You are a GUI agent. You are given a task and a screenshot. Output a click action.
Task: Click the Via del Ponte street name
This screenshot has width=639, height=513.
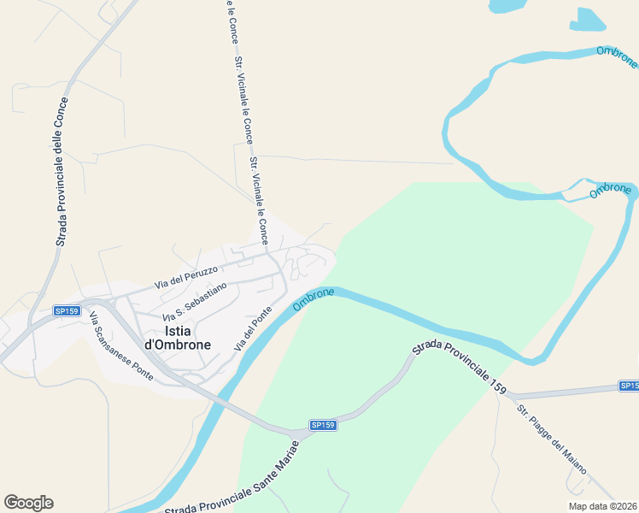(252, 327)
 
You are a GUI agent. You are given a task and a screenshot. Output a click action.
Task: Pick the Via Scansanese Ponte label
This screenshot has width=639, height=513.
(120, 348)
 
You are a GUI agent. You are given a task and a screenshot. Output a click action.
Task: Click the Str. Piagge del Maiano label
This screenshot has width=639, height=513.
(550, 437)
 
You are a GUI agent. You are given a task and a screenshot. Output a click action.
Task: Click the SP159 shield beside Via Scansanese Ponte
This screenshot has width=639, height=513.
(66, 311)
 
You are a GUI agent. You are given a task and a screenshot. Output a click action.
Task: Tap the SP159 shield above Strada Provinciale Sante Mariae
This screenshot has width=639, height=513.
(322, 425)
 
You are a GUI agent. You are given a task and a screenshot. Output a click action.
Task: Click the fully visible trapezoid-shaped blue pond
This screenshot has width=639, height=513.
(588, 21)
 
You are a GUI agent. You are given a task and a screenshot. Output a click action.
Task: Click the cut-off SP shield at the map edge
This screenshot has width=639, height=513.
(629, 386)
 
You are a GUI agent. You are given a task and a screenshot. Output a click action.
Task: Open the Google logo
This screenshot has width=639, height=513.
(28, 503)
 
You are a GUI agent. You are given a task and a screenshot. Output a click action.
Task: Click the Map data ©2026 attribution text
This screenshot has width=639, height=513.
(602, 505)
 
